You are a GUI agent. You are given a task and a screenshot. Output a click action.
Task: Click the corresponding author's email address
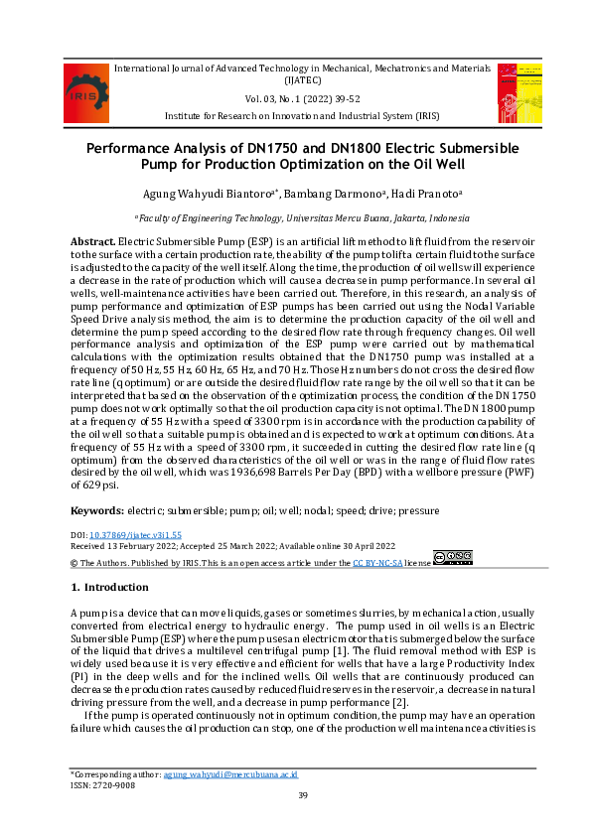click(230, 773)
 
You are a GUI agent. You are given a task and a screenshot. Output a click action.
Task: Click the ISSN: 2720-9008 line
click(102, 783)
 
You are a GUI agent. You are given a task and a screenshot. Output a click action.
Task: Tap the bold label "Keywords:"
click(96, 510)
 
